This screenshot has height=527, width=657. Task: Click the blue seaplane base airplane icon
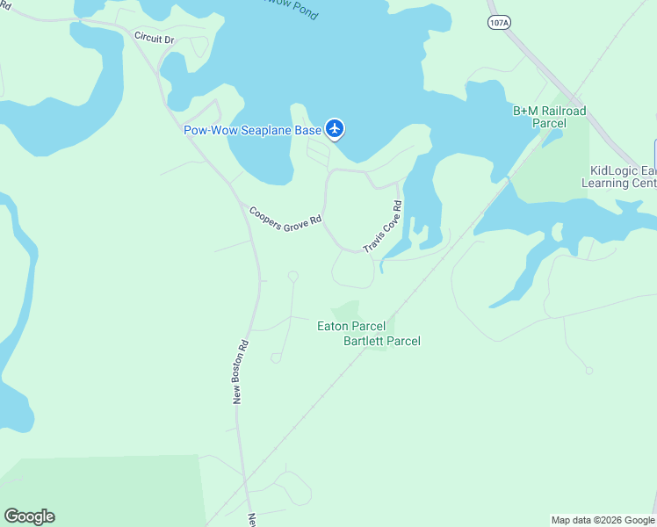point(334,129)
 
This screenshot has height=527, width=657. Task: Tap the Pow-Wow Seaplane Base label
point(252,130)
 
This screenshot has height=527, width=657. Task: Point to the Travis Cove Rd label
point(383,227)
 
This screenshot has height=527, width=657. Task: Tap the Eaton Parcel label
point(351,326)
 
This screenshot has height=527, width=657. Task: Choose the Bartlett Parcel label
point(381,341)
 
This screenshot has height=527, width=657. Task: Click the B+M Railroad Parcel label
point(549,117)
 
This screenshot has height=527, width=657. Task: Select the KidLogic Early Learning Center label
point(619,177)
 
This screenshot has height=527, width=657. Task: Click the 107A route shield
point(498,24)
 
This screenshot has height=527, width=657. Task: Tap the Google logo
point(29,516)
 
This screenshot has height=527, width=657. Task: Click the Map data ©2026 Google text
point(603,520)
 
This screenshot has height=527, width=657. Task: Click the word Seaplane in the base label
point(268,130)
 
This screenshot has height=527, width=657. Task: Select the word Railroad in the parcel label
point(562,111)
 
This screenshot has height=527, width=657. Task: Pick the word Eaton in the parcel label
point(333,326)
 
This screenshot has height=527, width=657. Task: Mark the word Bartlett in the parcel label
point(365,341)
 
